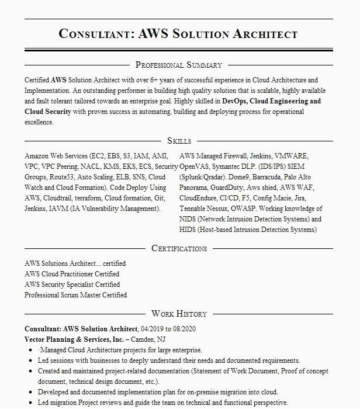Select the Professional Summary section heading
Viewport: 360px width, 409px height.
click(x=178, y=65)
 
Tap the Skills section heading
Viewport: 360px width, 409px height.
click(x=179, y=141)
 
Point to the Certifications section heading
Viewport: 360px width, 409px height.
click(x=179, y=248)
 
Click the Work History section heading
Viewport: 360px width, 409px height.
click(x=179, y=314)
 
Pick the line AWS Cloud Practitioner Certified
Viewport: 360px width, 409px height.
click(x=72, y=274)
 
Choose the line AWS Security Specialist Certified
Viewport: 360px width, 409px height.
click(x=72, y=285)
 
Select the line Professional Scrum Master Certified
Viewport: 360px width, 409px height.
click(x=75, y=295)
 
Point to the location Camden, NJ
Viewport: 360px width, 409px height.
click(x=151, y=339)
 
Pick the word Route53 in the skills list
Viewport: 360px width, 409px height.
click(x=61, y=177)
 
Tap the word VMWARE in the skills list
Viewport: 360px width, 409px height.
click(x=291, y=156)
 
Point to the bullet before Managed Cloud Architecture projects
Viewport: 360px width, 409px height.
click(x=30, y=351)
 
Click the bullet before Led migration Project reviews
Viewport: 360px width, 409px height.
click(x=30, y=403)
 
